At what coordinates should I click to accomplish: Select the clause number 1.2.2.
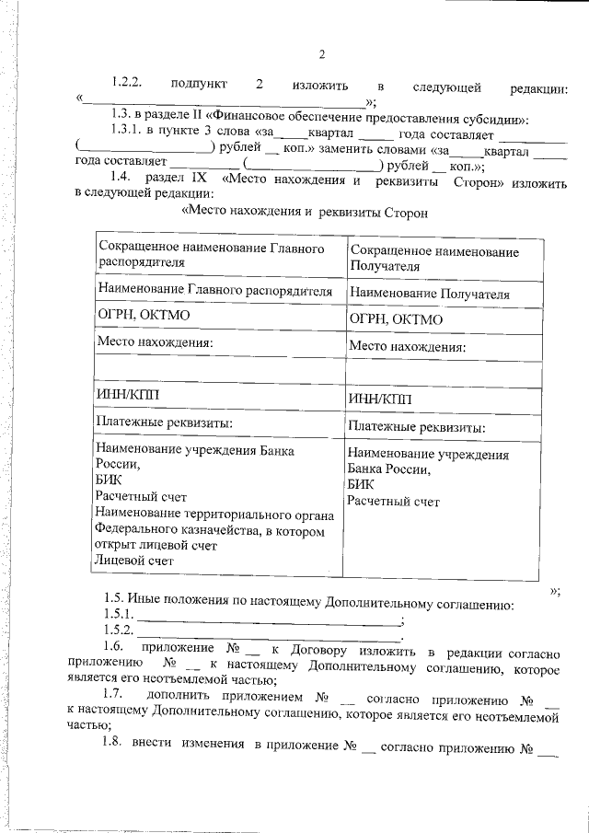pos(122,86)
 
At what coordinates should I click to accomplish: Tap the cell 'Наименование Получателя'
pos(429,294)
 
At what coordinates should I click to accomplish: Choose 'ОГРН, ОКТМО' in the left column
pos(143,318)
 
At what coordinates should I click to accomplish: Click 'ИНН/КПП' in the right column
pos(380,399)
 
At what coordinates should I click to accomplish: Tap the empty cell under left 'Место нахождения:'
pos(219,370)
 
